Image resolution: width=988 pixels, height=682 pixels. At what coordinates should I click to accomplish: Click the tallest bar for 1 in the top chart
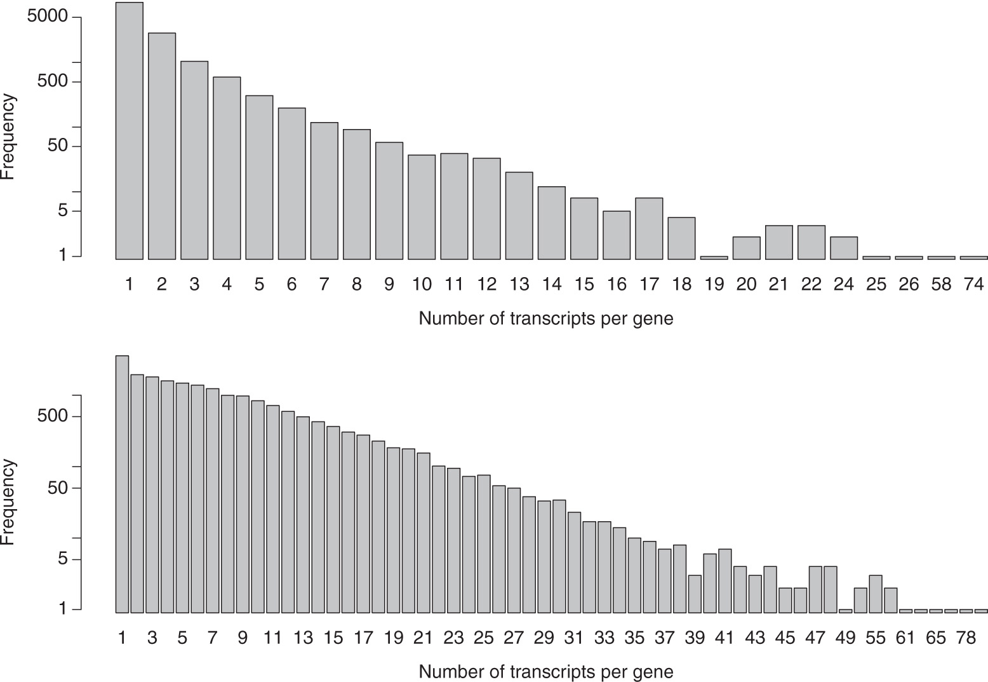[130, 130]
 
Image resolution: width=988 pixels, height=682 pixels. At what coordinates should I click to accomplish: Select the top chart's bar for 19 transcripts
[714, 257]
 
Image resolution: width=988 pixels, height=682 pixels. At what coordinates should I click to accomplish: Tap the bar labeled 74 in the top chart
[973, 257]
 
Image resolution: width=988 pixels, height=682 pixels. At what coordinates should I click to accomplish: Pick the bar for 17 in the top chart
[649, 229]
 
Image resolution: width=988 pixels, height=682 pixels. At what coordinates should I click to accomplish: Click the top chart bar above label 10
[422, 207]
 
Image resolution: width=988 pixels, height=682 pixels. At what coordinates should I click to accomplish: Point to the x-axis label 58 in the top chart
[941, 285]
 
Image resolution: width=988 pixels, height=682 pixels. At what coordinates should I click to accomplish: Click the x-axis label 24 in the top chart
[844, 285]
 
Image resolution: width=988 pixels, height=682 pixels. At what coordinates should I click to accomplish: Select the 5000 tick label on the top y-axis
[47, 17]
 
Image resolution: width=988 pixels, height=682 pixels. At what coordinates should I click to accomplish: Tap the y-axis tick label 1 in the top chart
[62, 256]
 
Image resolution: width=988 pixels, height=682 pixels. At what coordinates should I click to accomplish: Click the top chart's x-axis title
[545, 318]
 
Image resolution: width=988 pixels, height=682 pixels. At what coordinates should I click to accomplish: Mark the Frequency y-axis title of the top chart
[8, 137]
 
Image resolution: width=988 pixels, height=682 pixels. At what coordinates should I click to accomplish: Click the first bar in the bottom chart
[122, 484]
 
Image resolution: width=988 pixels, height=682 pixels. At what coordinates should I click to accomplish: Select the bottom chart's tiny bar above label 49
[845, 611]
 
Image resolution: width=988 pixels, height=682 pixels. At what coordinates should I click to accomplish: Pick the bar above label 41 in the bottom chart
[724, 580]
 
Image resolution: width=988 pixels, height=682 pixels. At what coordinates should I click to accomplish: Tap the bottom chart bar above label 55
[876, 594]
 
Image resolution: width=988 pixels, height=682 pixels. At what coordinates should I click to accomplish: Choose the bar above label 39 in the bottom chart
[695, 594]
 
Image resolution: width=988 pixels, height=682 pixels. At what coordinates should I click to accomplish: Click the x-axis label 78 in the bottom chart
[965, 638]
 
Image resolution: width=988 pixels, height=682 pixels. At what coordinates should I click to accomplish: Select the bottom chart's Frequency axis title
[8, 502]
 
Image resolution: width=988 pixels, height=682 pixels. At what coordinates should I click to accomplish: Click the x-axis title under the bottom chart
[545, 672]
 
